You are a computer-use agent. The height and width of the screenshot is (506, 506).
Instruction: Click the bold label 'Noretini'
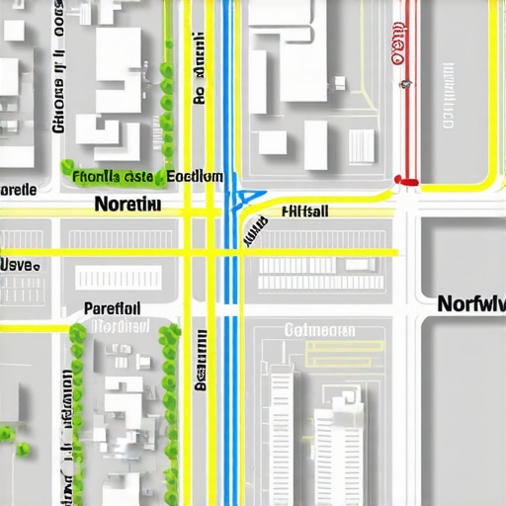coord(127,205)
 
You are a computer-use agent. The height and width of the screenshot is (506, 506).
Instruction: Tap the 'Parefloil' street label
coord(113,307)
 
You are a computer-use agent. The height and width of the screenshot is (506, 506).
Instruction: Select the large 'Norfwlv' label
coord(470,303)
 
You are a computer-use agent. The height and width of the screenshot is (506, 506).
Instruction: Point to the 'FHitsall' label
coord(305,211)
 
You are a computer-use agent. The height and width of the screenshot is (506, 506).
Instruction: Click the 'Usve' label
coord(20,265)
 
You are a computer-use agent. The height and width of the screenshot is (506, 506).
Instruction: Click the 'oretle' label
coord(19,189)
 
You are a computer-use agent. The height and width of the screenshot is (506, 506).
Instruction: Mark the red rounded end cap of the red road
coord(406,181)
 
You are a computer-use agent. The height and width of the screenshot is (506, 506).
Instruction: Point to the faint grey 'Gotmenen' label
coord(319,329)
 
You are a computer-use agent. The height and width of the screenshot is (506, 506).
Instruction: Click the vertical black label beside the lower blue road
coord(201,361)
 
